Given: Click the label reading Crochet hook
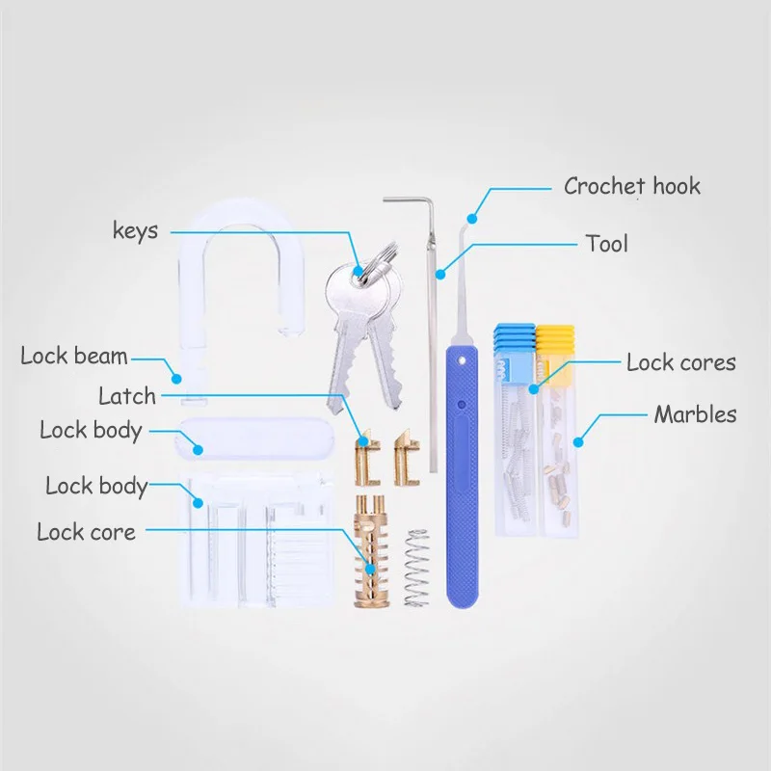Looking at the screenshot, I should pos(631,186).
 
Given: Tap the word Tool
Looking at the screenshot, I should pos(606,243).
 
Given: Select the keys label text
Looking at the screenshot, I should pos(136,230).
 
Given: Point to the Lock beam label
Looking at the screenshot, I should pos(74,357).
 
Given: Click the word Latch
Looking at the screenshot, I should pos(126,395).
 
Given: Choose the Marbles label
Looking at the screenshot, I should pos(695,414).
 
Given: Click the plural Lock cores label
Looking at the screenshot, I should pos(680,362).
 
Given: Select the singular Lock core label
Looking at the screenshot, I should pos(86,531).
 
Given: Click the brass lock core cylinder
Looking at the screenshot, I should pos(371,554).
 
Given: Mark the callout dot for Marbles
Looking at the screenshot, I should pos(578,442).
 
